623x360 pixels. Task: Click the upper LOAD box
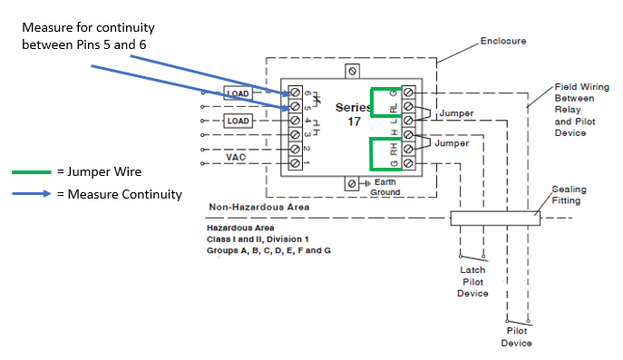[x=238, y=93]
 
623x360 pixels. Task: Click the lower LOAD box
[x=238, y=121]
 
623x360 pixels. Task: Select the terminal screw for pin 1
[x=295, y=161]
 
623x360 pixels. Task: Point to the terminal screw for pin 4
[x=295, y=121]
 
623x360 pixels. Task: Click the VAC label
[x=237, y=156]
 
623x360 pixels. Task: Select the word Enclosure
[x=503, y=41]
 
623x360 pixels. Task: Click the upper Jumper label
[x=456, y=114]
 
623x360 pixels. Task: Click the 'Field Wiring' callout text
[x=581, y=88]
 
